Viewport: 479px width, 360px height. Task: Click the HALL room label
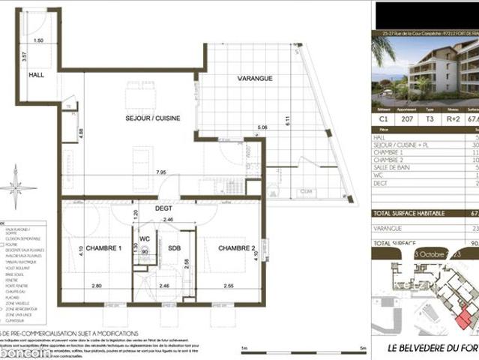(37, 76)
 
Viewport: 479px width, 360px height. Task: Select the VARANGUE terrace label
(255, 78)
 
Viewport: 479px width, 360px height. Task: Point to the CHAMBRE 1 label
(101, 247)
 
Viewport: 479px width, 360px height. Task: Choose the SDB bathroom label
(174, 247)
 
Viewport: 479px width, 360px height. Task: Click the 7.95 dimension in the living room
(161, 172)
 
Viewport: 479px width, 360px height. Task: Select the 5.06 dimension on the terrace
(262, 127)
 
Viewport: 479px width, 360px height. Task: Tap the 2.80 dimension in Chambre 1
(96, 286)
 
